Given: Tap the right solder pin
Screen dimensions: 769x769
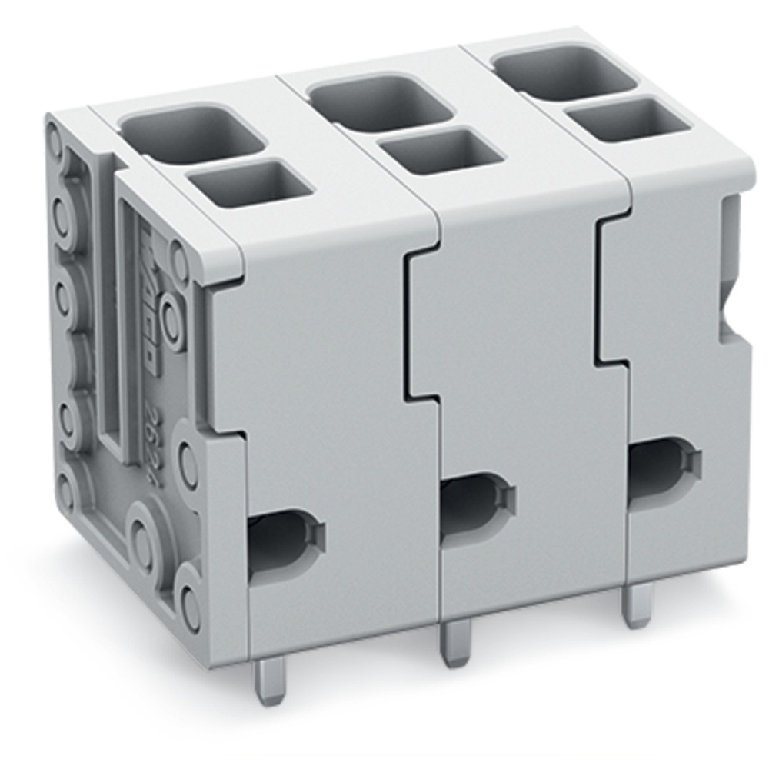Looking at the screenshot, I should point(638,604).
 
